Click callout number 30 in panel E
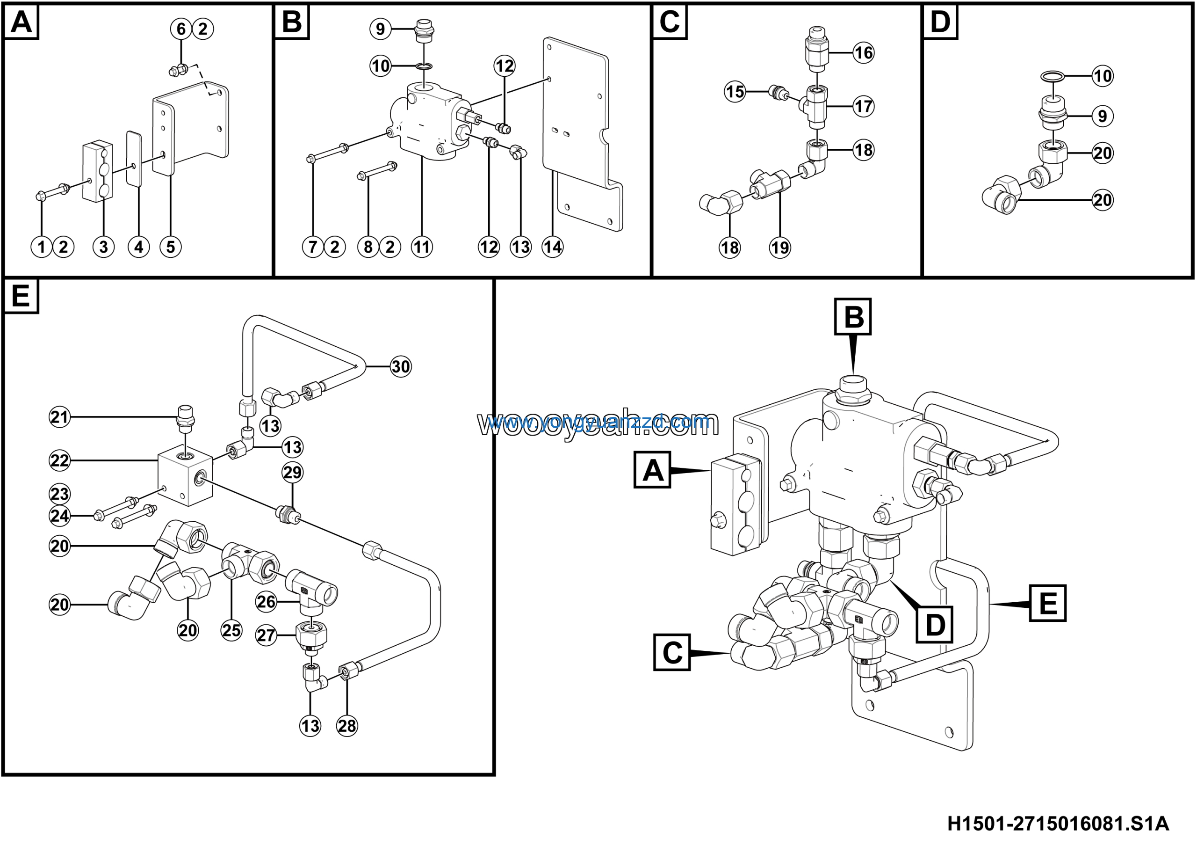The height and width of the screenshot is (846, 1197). point(400,367)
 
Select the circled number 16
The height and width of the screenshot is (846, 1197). point(863,53)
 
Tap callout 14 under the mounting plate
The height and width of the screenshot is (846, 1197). point(553,247)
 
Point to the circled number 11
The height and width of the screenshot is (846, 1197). point(422,247)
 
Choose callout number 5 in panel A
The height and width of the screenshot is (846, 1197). point(171,247)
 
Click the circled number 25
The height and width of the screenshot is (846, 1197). point(231,631)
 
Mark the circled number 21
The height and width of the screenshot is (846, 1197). point(59,417)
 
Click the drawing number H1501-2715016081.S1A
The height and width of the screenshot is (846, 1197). point(1058,824)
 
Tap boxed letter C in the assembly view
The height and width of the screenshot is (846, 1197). point(672,652)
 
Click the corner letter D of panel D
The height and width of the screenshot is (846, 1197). point(940,22)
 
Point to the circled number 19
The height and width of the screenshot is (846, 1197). point(780,247)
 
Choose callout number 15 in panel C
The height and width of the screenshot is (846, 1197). point(735,92)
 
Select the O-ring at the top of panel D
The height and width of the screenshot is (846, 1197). point(1052,77)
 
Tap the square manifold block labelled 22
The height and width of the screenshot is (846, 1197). point(185,476)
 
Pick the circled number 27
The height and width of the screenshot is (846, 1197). point(266,635)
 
